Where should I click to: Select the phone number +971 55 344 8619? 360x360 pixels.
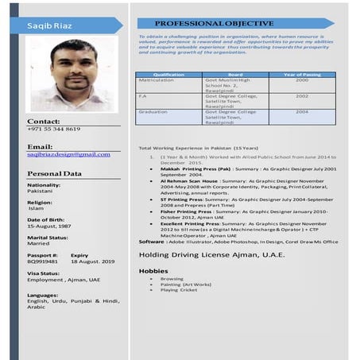53,129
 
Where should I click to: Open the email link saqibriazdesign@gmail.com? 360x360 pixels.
68,154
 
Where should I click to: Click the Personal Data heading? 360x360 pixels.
54,173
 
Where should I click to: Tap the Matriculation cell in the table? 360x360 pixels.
157,80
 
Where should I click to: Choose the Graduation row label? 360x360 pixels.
153,112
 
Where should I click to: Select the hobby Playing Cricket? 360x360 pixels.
179,290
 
